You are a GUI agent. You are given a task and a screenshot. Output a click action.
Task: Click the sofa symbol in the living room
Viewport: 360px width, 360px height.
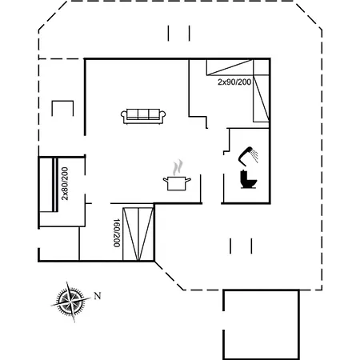click(143, 116)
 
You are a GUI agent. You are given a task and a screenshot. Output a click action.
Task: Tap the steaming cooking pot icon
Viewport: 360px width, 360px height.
click(177, 175)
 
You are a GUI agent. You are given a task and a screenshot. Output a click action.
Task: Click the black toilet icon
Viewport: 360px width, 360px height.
click(248, 179)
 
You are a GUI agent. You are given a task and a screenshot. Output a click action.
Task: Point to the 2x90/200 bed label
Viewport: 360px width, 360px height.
click(234, 82)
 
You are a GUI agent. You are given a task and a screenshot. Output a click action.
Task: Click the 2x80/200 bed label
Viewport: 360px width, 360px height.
click(65, 183)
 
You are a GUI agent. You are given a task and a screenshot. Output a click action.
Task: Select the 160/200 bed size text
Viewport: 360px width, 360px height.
click(117, 233)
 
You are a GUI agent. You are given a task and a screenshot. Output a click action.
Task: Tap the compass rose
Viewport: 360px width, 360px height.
click(71, 302)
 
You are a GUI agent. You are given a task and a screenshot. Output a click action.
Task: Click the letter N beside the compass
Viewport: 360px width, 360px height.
click(98, 296)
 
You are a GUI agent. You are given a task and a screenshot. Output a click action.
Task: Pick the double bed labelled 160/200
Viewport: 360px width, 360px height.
click(138, 234)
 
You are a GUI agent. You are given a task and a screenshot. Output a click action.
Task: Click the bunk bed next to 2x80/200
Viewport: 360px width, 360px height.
click(48, 185)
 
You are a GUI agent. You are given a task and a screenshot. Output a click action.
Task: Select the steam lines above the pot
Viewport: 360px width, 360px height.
click(178, 167)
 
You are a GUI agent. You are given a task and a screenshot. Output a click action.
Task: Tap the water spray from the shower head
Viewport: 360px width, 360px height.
click(255, 156)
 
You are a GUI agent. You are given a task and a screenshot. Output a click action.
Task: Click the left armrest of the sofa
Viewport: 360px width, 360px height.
click(124, 116)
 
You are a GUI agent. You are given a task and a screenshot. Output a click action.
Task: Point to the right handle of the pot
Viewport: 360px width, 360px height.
click(188, 180)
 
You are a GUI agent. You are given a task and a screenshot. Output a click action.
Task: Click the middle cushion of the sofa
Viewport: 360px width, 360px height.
click(143, 114)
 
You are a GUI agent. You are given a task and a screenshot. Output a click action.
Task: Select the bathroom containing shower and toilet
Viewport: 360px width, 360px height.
click(246, 166)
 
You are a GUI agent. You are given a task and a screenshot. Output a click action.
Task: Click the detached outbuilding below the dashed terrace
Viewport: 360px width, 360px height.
click(261, 325)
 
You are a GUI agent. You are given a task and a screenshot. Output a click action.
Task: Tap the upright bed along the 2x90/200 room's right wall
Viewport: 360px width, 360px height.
click(261, 98)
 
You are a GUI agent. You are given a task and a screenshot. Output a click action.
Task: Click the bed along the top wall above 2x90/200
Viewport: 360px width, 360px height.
click(230, 67)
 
